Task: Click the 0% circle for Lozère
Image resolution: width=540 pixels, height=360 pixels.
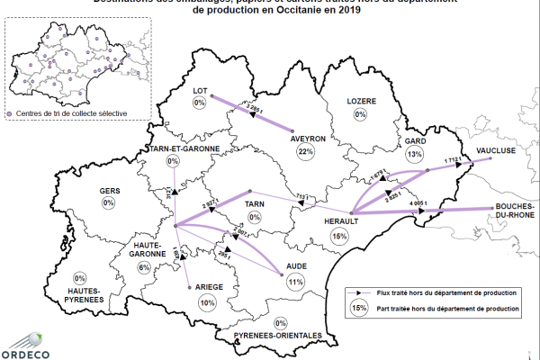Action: coord(360,114)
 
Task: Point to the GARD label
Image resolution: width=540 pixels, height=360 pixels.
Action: coord(414,142)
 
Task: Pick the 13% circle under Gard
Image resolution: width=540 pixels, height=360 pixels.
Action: coord(414,155)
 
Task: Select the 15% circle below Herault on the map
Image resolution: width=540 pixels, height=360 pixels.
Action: coord(339,236)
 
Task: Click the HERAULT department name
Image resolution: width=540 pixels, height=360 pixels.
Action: coord(341,220)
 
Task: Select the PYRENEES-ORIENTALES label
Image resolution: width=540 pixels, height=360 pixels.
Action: coord(277,336)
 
